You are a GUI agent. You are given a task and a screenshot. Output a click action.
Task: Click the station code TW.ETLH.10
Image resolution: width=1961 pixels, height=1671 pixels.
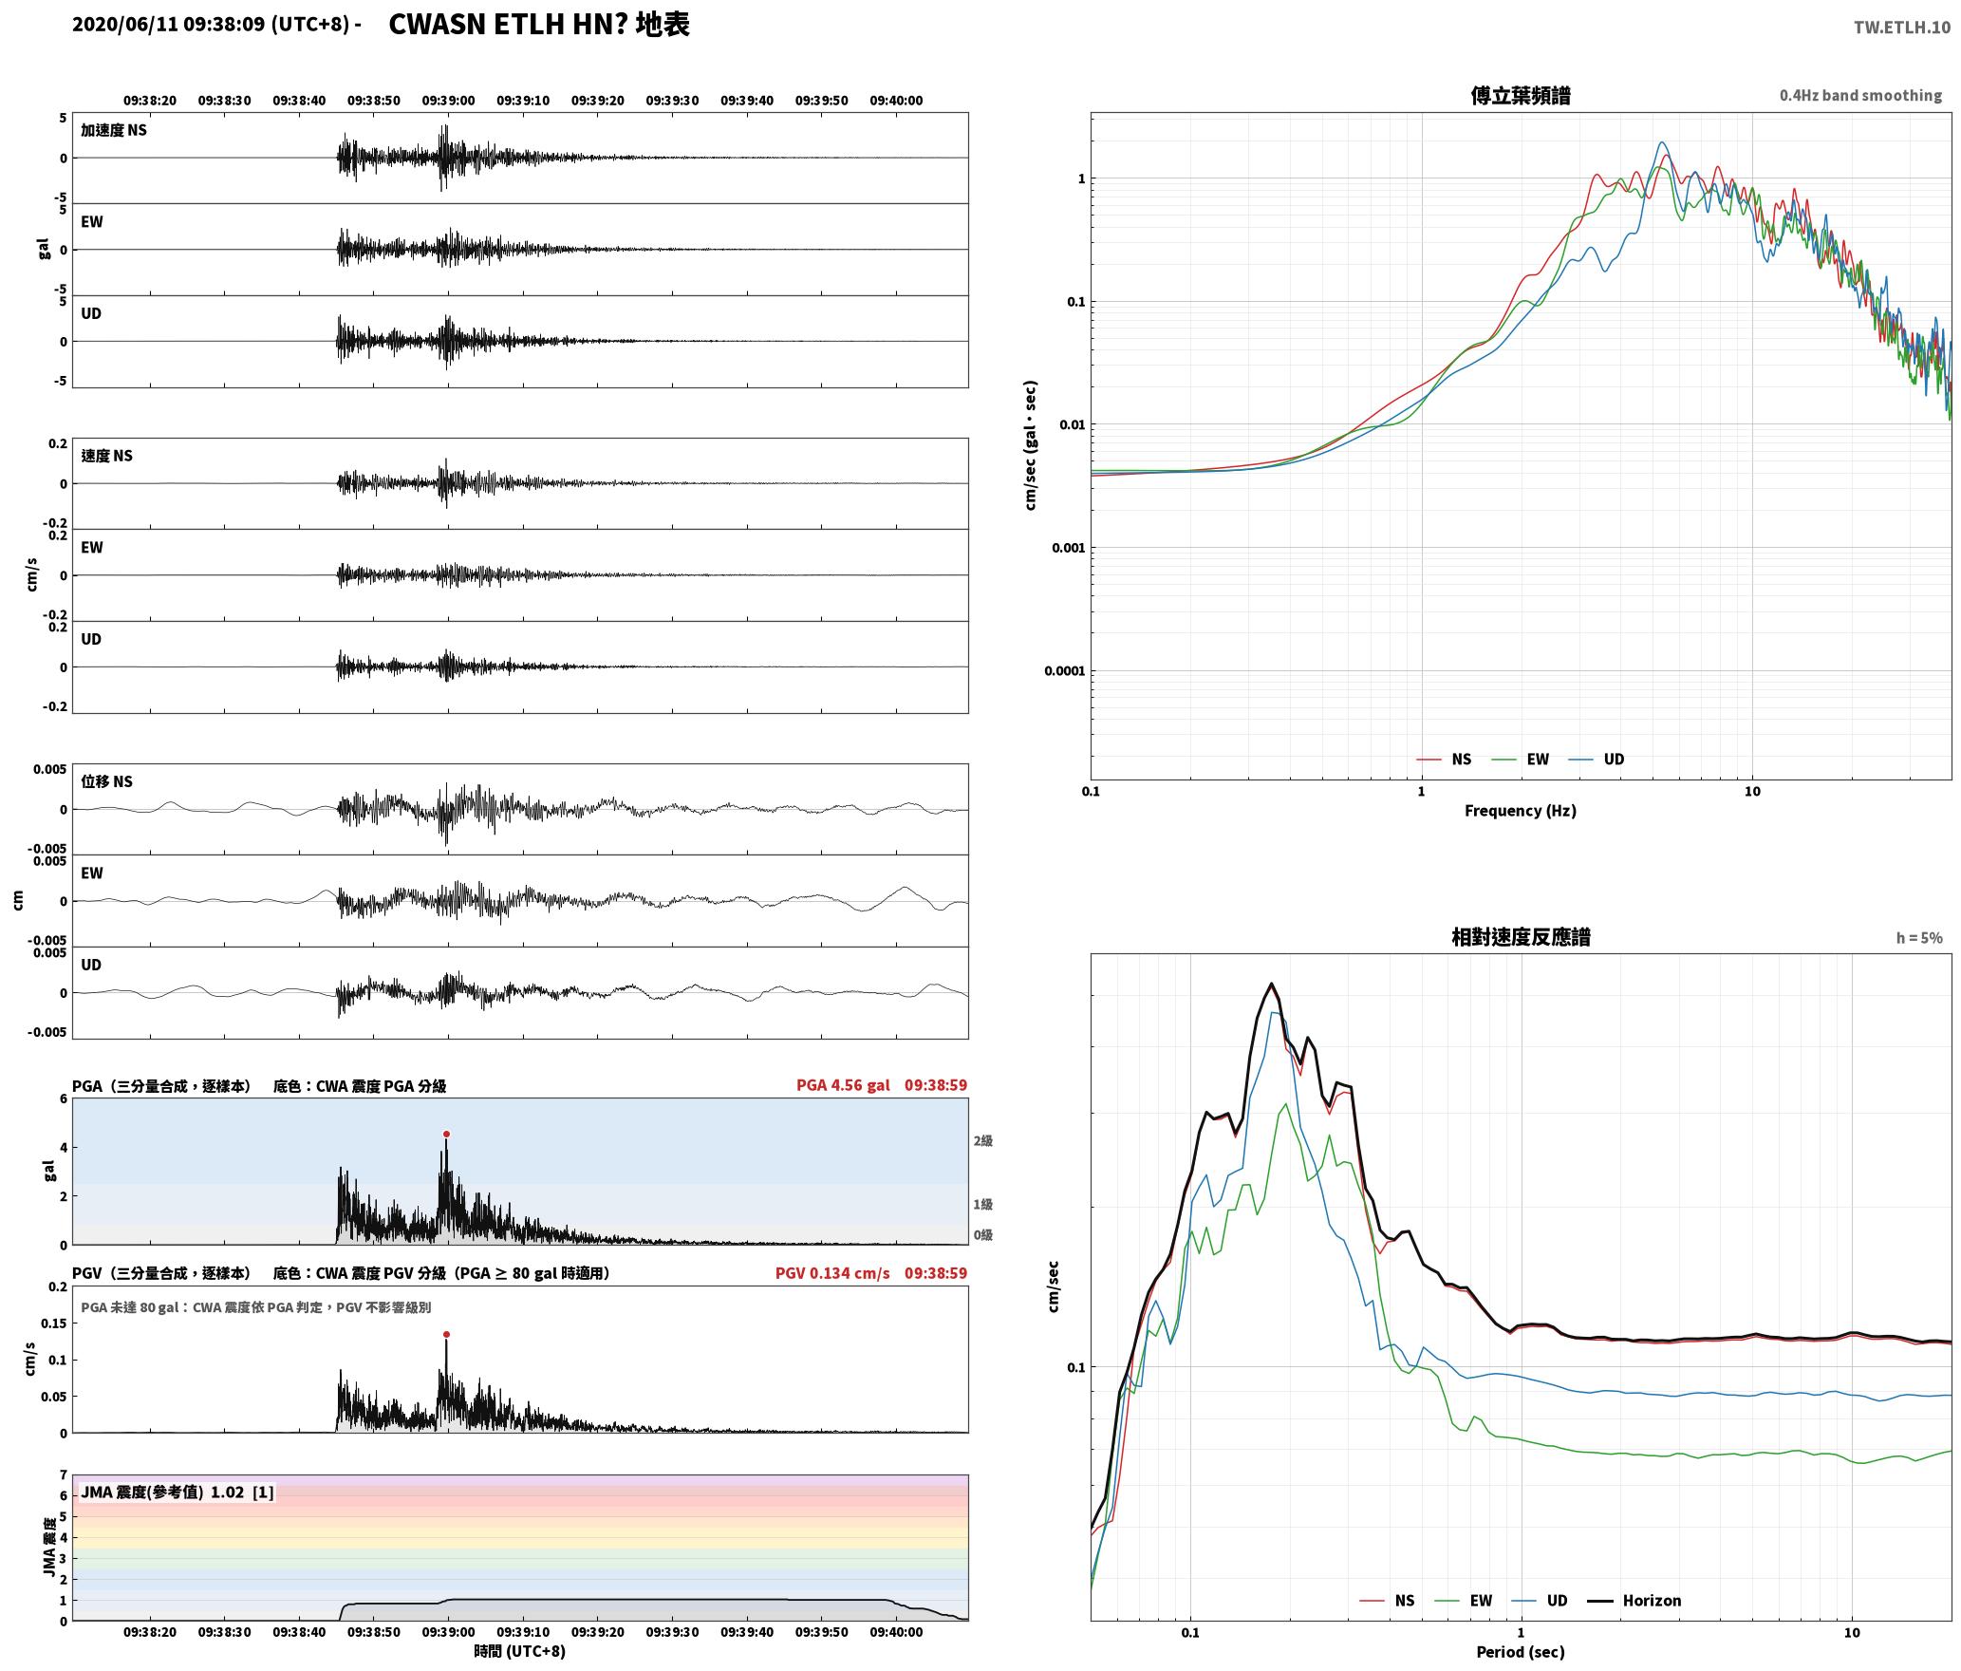(x=1902, y=27)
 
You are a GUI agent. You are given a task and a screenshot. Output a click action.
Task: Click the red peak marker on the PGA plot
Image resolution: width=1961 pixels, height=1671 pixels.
(x=446, y=1134)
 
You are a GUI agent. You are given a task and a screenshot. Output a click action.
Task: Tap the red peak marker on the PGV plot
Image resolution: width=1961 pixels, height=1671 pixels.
(x=446, y=1334)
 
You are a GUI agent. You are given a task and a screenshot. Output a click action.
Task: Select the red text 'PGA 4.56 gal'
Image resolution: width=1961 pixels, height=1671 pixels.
(x=843, y=1085)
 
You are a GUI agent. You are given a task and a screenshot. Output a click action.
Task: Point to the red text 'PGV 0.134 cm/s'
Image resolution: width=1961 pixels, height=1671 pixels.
(x=832, y=1273)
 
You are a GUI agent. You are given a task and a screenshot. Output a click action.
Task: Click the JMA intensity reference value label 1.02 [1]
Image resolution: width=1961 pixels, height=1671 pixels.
(x=242, y=1492)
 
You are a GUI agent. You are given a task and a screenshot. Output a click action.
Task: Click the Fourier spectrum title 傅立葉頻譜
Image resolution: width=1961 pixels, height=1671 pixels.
(x=1521, y=95)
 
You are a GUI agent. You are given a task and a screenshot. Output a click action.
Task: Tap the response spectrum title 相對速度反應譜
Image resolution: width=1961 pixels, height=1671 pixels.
(x=1521, y=937)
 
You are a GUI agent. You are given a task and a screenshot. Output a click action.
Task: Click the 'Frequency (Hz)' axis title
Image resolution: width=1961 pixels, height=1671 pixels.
(x=1521, y=811)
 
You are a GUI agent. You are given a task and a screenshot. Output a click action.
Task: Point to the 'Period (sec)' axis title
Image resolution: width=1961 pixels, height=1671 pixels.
(x=1521, y=1652)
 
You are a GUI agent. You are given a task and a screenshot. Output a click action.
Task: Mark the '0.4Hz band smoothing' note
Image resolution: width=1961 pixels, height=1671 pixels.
(x=1860, y=96)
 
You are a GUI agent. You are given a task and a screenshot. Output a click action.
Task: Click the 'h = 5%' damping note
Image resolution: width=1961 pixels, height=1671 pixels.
(x=1919, y=938)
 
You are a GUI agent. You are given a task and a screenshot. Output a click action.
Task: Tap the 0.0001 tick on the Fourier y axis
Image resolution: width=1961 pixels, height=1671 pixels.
(x=1064, y=671)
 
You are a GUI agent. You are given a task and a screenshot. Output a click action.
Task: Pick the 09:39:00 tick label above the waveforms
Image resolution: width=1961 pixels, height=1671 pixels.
(x=448, y=101)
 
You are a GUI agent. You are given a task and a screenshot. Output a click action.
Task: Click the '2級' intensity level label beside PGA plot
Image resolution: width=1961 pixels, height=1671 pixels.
(x=982, y=1141)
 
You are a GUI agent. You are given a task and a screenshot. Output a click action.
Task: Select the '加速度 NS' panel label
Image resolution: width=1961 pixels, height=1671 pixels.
(x=114, y=130)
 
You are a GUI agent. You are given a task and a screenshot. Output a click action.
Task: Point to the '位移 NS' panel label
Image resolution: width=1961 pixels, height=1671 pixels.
(x=106, y=781)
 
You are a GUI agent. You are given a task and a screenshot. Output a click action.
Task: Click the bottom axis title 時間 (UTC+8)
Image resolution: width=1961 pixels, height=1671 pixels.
(x=520, y=1651)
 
